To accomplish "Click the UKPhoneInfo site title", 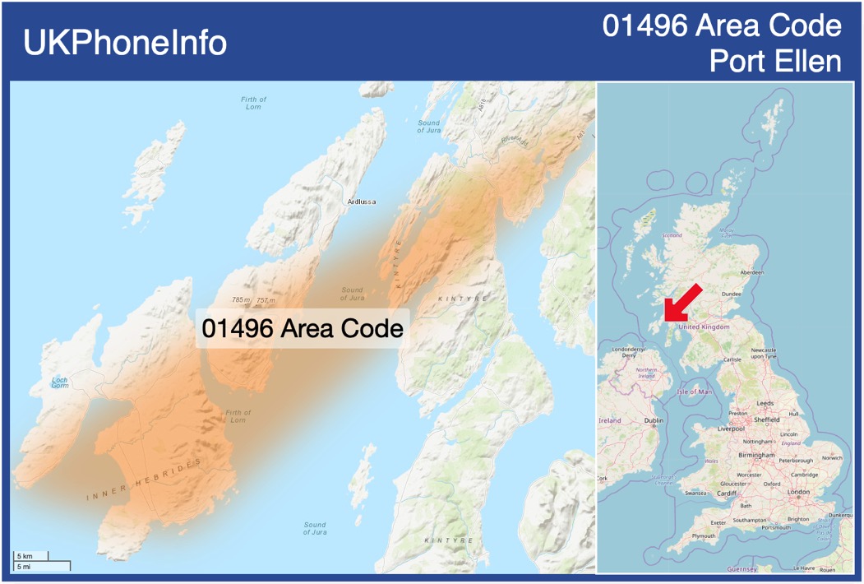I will coord(125,43).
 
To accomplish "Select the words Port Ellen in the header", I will coord(775,62).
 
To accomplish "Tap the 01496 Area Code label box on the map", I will coord(303,328).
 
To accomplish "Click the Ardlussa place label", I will coord(362,201).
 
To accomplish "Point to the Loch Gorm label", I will coord(59,382).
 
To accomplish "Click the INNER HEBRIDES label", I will coord(144,481).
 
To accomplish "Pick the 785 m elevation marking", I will coord(241,300).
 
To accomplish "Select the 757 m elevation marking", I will coord(266,300).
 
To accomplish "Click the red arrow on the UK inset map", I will coord(681,303).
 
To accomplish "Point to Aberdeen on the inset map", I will coord(751,272).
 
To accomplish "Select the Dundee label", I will coord(732,294).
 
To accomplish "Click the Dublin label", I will coord(654,420).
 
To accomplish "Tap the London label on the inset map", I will coord(798,492).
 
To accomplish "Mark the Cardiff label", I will coord(727,494).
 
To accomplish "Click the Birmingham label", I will coord(756,455).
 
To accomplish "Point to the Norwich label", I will coord(832,458).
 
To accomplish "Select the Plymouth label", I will coord(703,535).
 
